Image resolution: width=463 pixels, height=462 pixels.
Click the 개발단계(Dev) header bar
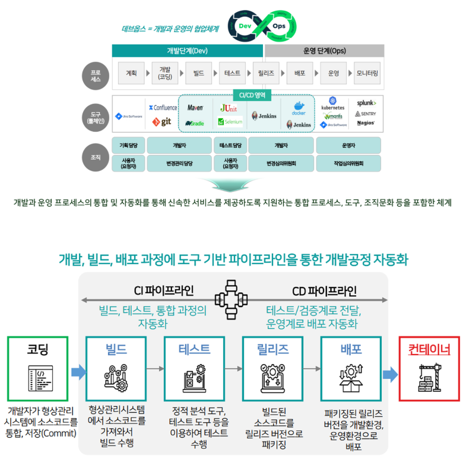(187, 51)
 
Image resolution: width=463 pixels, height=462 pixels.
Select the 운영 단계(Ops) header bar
(324, 51)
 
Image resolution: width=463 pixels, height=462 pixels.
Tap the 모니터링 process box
(367, 73)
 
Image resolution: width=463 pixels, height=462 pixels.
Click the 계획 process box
(131, 73)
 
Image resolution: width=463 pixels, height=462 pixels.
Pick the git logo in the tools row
(161, 121)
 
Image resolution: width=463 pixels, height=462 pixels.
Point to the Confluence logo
(163, 107)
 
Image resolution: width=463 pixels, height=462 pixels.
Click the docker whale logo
(298, 109)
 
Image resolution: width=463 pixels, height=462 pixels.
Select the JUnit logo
(229, 108)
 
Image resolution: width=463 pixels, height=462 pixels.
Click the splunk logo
(366, 103)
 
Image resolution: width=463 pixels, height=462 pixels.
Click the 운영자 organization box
(348, 145)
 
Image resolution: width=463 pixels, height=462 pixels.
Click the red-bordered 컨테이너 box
(429, 368)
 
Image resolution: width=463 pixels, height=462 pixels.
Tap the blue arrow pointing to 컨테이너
(390, 374)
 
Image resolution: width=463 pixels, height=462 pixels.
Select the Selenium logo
(229, 122)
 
